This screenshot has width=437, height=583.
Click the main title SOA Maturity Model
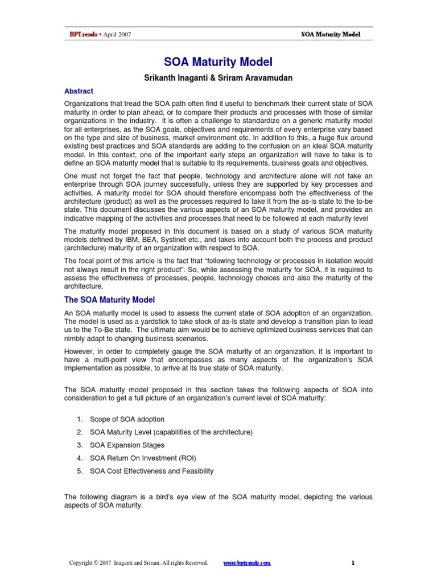[218, 61]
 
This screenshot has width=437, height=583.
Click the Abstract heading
[79, 91]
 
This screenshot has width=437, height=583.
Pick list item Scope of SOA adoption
[127, 420]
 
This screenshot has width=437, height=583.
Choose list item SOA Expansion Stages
[127, 445]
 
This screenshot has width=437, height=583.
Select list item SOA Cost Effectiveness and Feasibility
[152, 471]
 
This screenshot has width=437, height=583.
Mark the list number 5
[79, 471]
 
